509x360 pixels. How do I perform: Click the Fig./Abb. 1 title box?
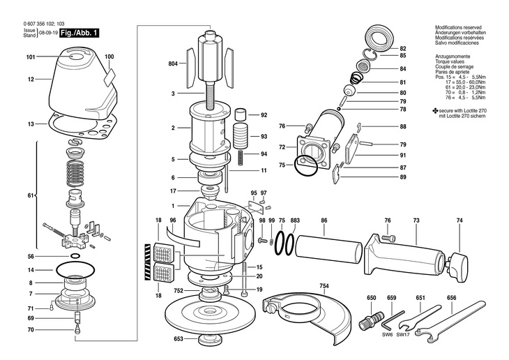(x=79, y=33)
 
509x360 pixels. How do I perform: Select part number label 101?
(x=31, y=57)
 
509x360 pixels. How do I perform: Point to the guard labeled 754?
(x=307, y=312)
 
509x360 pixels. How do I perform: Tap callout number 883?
(x=295, y=220)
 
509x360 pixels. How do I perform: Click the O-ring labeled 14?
(x=75, y=269)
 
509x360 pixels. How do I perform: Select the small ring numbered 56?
(x=75, y=256)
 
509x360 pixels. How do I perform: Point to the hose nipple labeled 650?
(x=372, y=320)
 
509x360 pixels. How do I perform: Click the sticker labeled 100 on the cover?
(x=109, y=77)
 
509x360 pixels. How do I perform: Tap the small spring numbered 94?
(x=241, y=158)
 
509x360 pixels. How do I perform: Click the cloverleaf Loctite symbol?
(x=435, y=111)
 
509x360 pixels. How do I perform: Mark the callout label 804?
(x=173, y=63)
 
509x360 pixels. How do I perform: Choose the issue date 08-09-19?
(x=48, y=33)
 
